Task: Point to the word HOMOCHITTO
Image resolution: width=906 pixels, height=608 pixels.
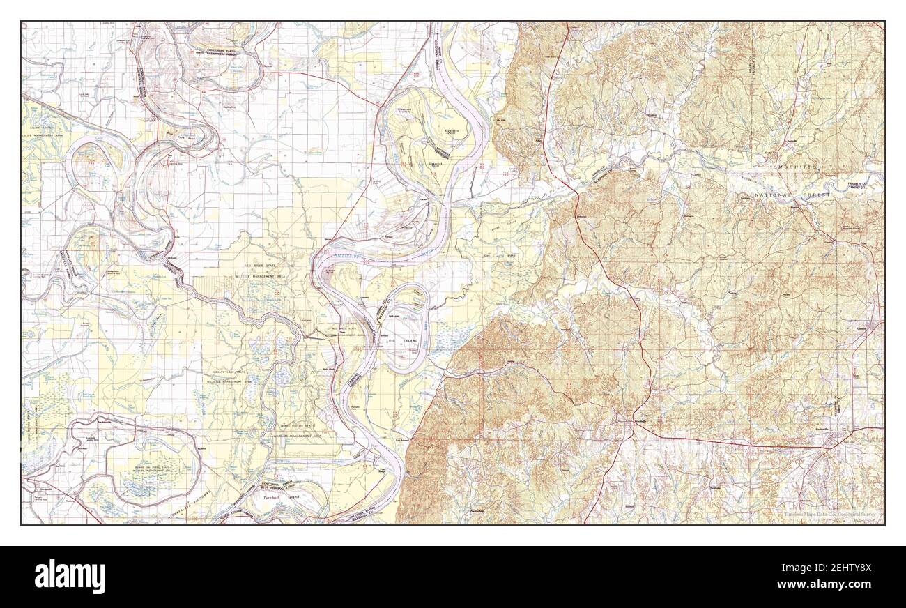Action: tap(790, 169)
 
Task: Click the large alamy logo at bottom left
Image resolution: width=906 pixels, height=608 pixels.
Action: tap(70, 576)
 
